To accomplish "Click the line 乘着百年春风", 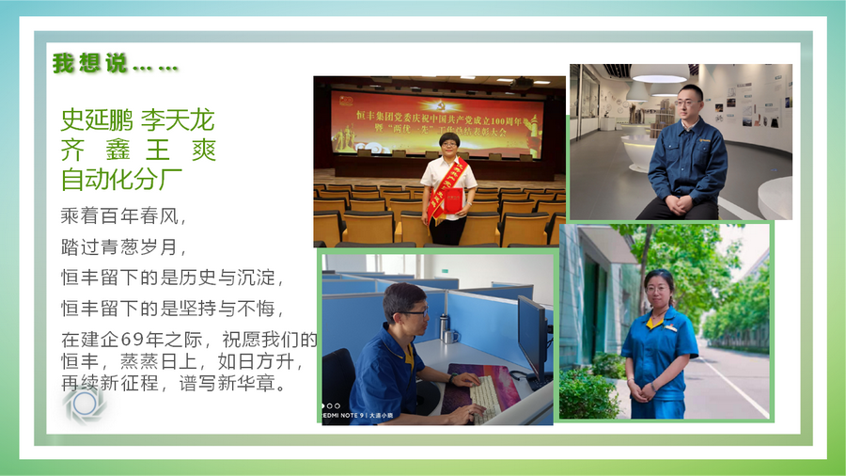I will (x=124, y=216).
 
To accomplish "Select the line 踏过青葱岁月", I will (x=124, y=247).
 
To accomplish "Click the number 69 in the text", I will (x=133, y=339).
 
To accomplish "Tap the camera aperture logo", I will (x=86, y=404).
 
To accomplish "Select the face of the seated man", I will (x=691, y=101).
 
